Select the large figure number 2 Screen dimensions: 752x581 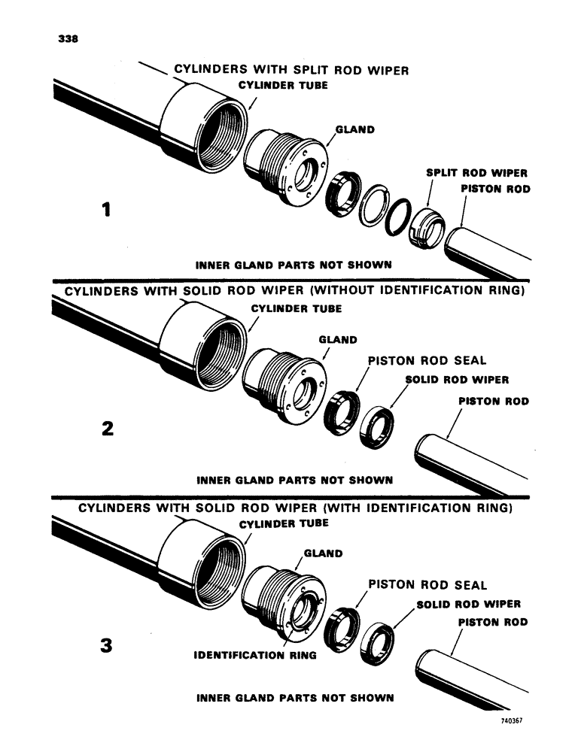pos(108,429)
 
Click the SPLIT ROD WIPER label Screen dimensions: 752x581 pos(465,172)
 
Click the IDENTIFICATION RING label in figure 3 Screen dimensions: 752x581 pos(255,655)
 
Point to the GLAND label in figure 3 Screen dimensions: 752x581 pos(324,554)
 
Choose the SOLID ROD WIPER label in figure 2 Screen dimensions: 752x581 pos(456,380)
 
